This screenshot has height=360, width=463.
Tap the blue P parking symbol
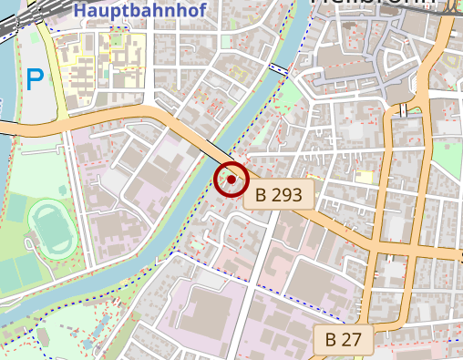35,80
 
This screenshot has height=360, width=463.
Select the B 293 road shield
279,193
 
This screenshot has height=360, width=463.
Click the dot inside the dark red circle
231,180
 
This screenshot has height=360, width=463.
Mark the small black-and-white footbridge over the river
280,69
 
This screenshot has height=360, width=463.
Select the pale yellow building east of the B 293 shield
365,177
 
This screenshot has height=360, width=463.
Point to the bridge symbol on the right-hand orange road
402,110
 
